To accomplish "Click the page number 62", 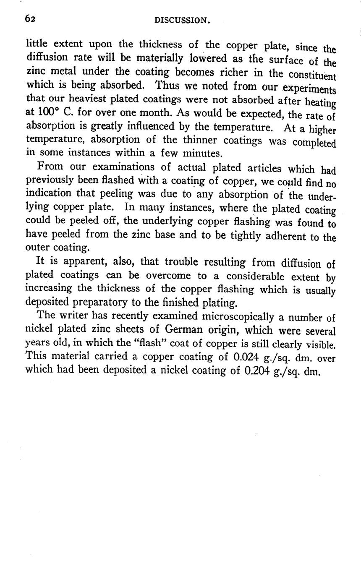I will click(29, 18).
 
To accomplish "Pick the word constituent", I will click(312, 75).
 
